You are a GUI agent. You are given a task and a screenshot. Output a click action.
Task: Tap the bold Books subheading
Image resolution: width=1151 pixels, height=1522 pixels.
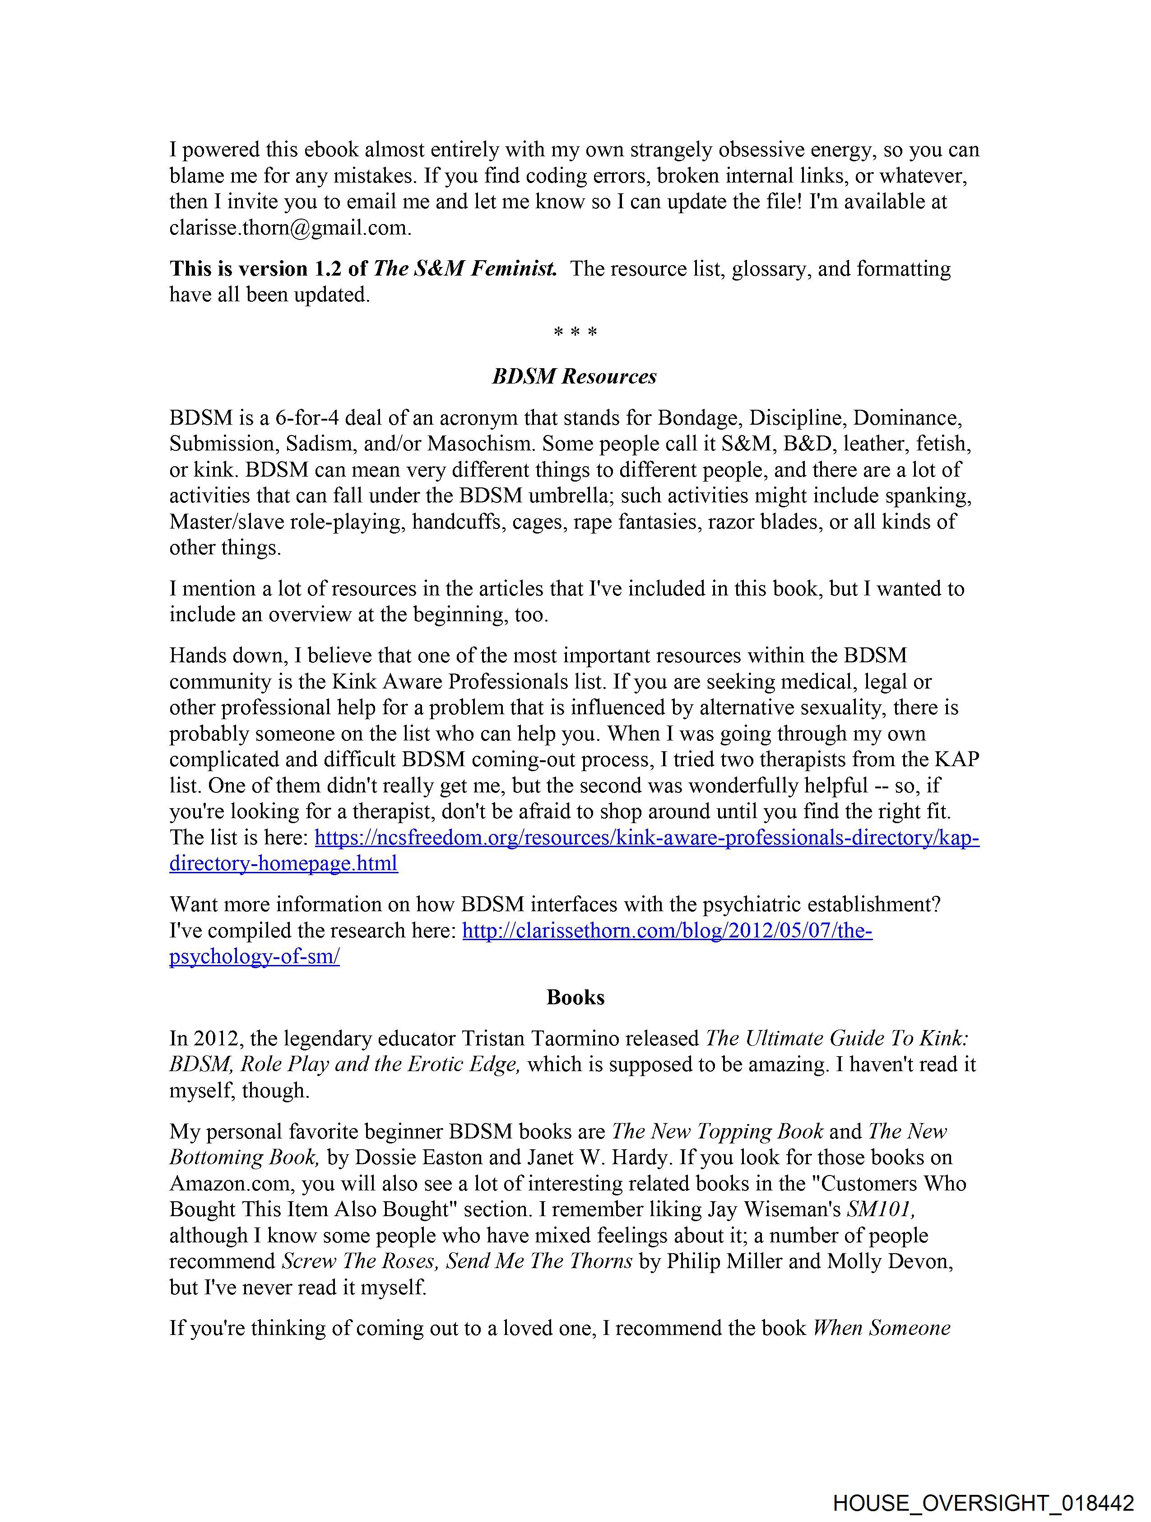(x=575, y=997)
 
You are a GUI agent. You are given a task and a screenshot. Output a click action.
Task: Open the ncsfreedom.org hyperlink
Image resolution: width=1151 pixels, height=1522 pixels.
(x=646, y=838)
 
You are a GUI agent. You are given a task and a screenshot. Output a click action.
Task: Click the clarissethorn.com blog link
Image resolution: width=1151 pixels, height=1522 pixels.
(x=667, y=931)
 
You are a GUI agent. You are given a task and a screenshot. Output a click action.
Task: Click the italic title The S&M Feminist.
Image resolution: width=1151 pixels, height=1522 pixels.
(x=465, y=269)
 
